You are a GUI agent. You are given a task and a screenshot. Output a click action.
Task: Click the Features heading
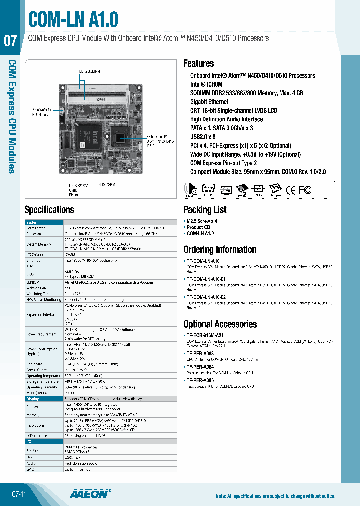tap(198, 64)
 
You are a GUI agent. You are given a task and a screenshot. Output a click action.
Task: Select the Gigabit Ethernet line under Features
tap(209, 102)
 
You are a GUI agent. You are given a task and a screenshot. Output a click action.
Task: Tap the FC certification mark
tap(304, 190)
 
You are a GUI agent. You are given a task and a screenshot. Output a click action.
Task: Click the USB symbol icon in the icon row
tap(258, 189)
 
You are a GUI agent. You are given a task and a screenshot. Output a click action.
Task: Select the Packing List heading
tap(205, 210)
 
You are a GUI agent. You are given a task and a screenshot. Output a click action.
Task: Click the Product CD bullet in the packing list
tap(198, 227)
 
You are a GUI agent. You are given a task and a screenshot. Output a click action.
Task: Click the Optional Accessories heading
tap(220, 324)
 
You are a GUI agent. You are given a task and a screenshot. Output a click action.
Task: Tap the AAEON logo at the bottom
tap(89, 494)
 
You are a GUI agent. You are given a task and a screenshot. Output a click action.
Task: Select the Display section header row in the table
tap(33, 399)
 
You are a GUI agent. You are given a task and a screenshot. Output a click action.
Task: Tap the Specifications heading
tap(49, 210)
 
